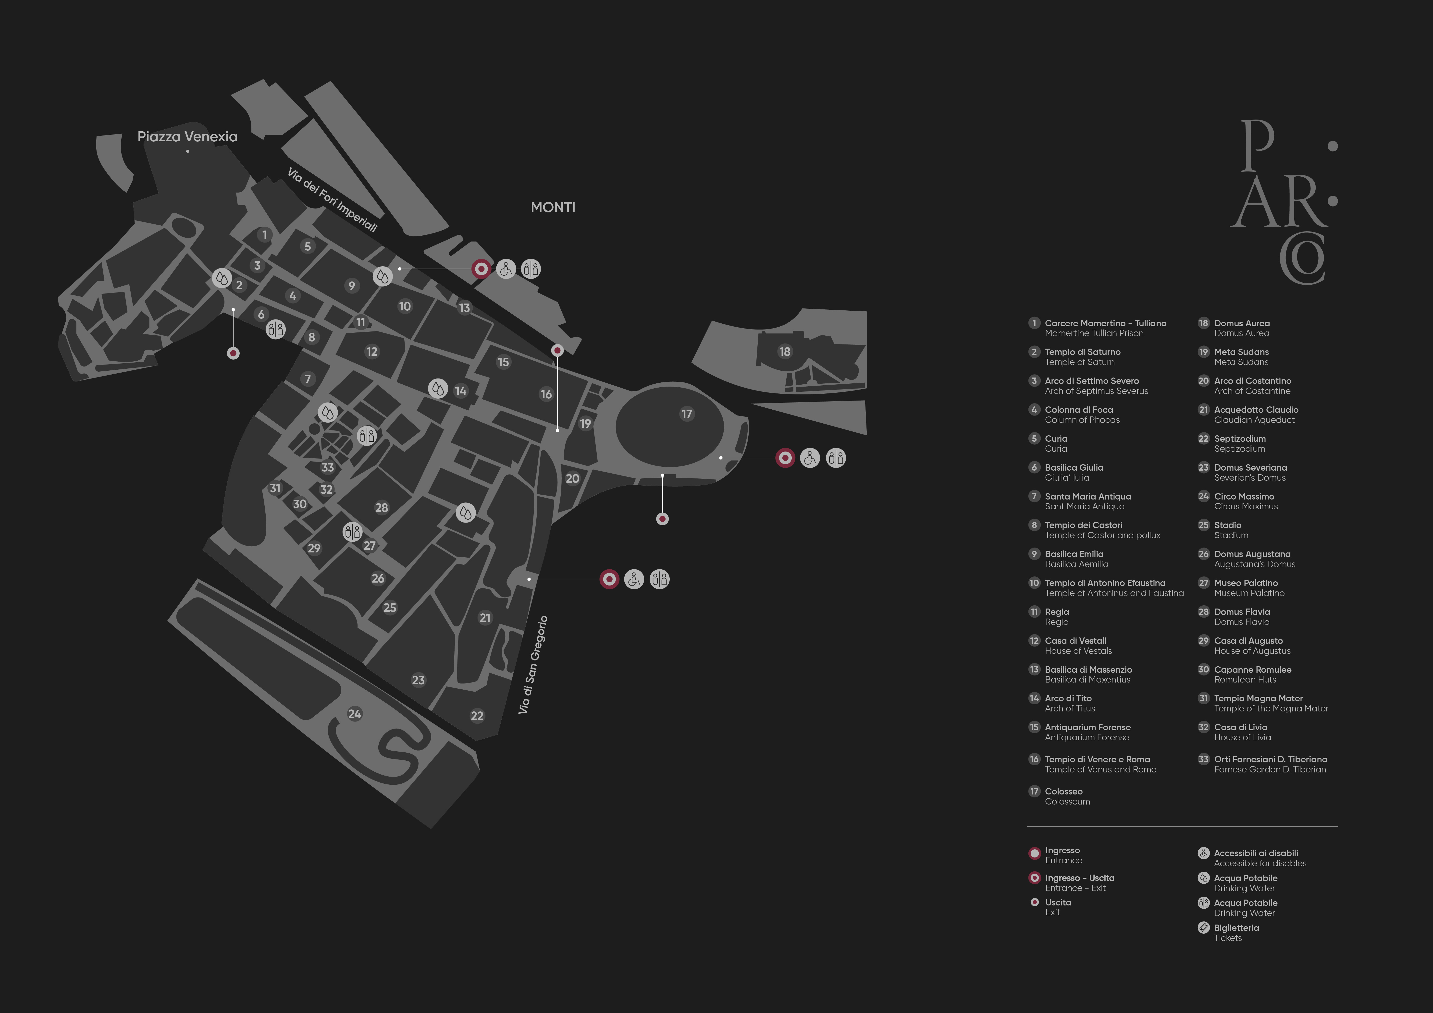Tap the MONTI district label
point(552,207)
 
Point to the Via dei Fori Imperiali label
point(332,200)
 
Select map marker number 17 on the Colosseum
point(687,414)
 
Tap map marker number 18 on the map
point(785,351)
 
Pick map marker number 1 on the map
point(265,235)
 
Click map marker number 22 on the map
point(477,716)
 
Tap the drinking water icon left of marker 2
point(222,278)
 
